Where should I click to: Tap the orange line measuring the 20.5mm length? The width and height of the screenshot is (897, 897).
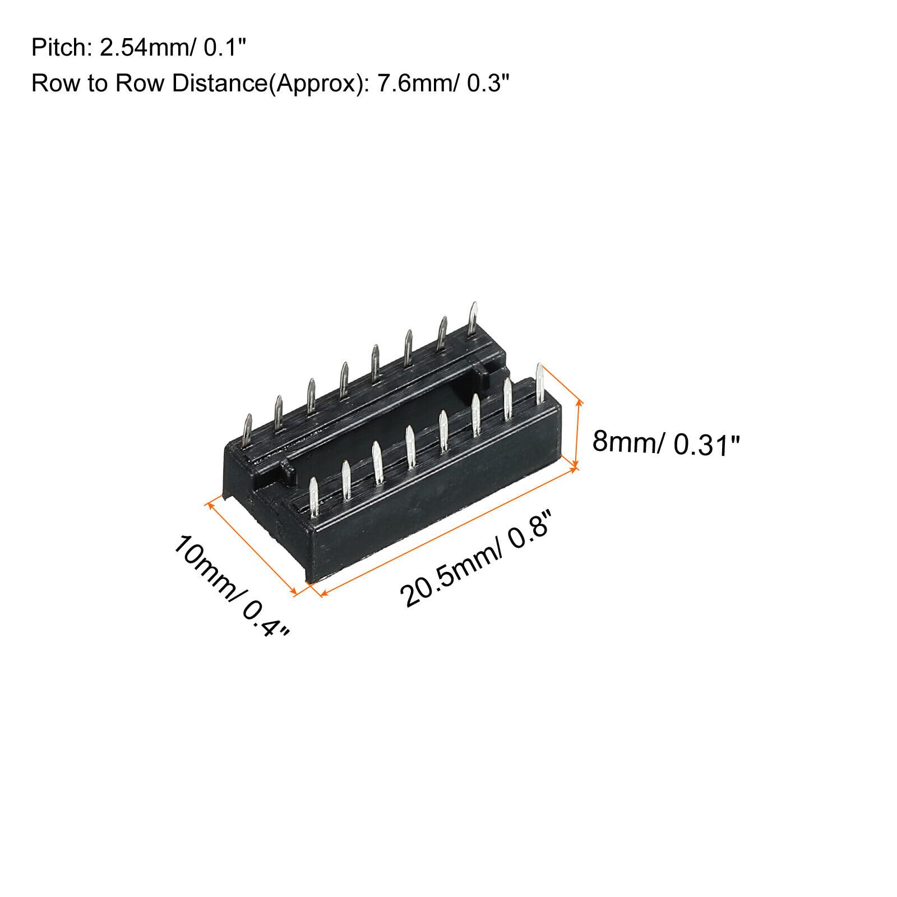coord(449,532)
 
